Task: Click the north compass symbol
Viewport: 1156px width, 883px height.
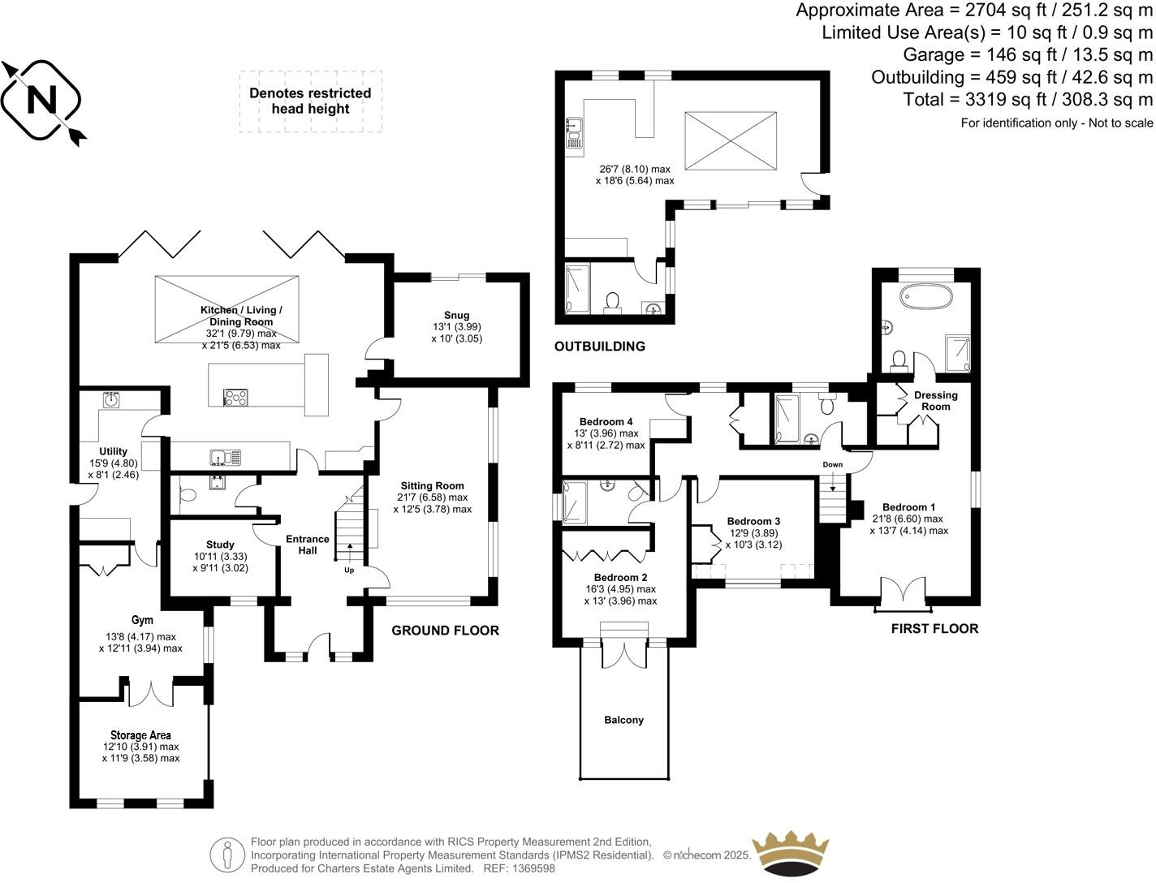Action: pos(42,101)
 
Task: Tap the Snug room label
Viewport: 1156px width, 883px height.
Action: pos(456,316)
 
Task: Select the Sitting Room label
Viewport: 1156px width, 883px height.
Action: pos(432,486)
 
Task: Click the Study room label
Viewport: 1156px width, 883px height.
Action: pos(220,545)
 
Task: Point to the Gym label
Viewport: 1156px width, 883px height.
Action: pos(142,621)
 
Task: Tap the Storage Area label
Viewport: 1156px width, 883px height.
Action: pos(140,735)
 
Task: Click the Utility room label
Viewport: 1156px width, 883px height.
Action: pos(114,452)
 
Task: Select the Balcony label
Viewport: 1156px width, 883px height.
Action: pos(623,720)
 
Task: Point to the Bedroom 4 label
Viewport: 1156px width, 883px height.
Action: pos(606,422)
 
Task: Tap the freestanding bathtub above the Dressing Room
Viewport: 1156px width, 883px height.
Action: pos(926,296)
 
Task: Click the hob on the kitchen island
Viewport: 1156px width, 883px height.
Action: pos(235,397)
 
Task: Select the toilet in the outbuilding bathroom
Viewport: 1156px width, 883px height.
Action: pos(613,302)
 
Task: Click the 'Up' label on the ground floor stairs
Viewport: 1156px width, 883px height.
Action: pos(349,570)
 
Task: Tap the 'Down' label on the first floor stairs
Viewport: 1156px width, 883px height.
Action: pos(832,465)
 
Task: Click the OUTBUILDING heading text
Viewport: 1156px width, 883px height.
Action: pos(599,347)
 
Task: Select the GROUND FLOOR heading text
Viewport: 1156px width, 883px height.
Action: pos(445,631)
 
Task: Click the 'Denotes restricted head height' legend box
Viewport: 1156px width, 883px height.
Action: pos(310,101)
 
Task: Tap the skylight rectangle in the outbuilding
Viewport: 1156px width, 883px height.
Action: pos(731,141)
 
